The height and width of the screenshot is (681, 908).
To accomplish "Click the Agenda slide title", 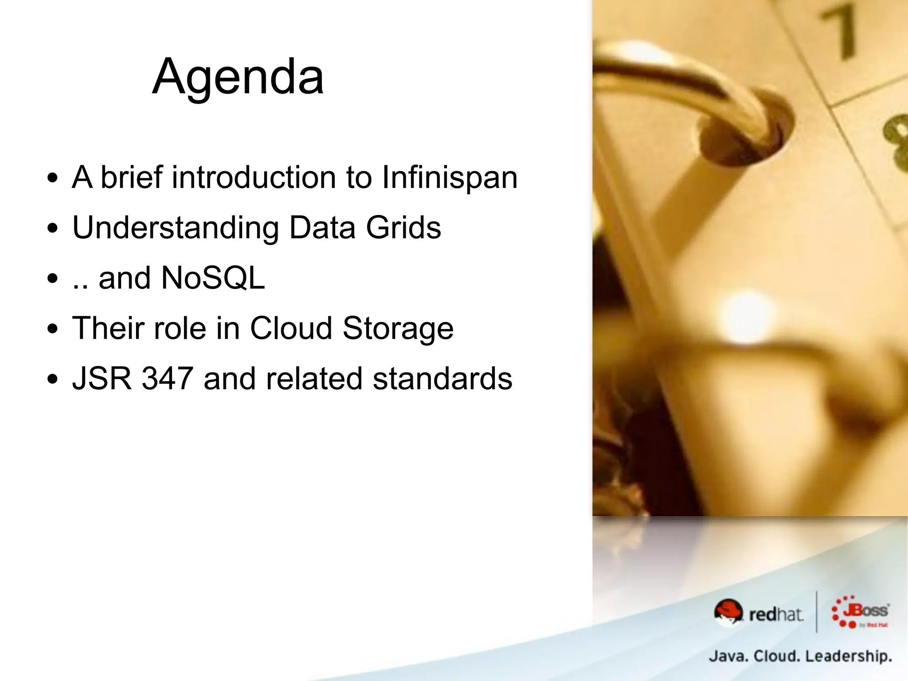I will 238,77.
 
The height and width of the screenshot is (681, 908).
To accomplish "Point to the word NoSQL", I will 213,278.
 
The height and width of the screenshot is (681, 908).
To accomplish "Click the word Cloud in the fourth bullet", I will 291,329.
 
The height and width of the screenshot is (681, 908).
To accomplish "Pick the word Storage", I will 398,329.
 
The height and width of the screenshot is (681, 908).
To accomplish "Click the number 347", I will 167,379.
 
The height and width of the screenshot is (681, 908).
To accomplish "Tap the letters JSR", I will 102,379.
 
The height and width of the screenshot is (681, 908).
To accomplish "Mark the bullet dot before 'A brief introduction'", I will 53,178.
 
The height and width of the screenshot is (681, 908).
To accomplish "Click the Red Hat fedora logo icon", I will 728,612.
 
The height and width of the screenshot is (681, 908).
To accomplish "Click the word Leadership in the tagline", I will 848,656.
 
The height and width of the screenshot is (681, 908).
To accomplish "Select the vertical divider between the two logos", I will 817,612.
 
